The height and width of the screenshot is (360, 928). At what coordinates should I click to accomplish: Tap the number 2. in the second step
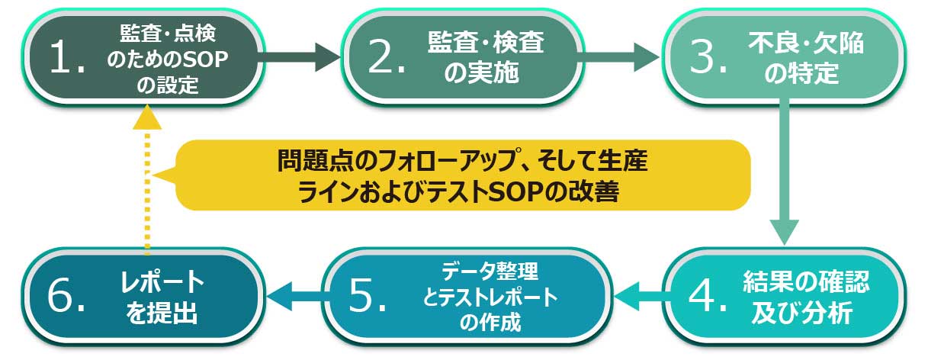click(387, 57)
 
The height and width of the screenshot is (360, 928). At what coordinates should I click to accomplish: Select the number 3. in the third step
click(708, 57)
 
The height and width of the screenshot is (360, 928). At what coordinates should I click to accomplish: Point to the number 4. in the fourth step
click(708, 296)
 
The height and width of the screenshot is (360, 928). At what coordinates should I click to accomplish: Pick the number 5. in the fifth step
click(368, 295)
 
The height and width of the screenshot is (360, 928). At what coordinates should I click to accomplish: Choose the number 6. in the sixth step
click(66, 295)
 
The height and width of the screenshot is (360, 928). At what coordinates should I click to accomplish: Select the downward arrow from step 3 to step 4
click(784, 172)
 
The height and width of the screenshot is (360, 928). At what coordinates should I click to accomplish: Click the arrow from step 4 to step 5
click(642, 296)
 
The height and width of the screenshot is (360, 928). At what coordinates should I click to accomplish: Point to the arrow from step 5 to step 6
click(297, 296)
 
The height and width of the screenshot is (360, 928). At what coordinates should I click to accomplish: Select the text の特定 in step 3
click(801, 73)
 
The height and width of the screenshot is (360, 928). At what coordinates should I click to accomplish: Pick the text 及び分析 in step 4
click(801, 313)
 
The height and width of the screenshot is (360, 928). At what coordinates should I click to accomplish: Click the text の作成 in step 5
click(490, 323)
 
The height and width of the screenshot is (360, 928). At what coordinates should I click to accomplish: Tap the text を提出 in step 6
click(162, 313)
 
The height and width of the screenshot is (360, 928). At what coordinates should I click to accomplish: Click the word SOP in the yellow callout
click(516, 191)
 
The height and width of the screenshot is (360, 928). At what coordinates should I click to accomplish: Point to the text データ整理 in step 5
click(490, 272)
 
